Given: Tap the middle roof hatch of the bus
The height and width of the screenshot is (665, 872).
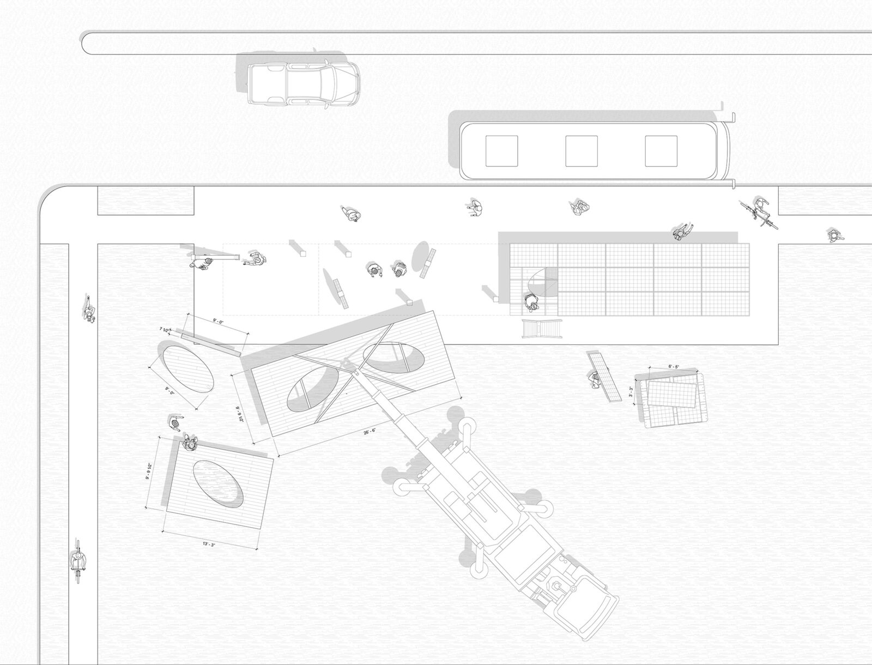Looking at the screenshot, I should tap(581, 151).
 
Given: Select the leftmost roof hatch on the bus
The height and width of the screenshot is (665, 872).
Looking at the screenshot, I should tap(501, 151).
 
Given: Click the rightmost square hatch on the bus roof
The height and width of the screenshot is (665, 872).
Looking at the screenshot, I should tap(661, 151).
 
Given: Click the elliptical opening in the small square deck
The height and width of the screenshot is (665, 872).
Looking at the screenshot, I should tap(217, 483).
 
